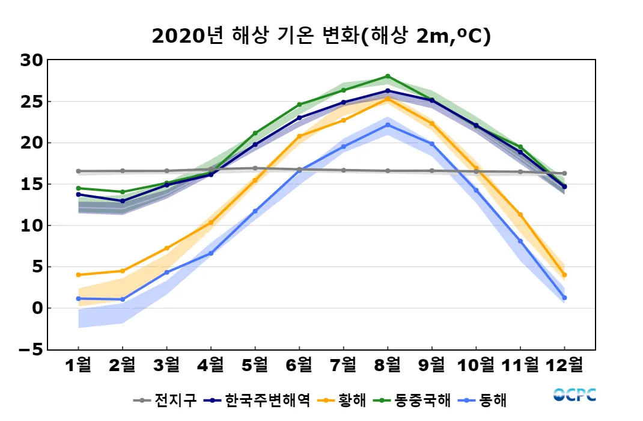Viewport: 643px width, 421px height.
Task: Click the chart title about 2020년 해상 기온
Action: click(321, 36)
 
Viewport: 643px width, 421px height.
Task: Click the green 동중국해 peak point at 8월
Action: click(388, 76)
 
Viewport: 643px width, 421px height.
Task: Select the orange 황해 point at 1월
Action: click(78, 275)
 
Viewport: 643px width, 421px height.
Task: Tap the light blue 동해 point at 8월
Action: click(388, 125)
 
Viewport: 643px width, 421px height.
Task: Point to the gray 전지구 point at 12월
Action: click(564, 173)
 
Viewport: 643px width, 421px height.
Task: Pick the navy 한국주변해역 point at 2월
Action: click(123, 201)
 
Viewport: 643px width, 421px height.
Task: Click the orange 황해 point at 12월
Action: click(564, 275)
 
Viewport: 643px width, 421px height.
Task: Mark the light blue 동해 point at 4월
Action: click(211, 253)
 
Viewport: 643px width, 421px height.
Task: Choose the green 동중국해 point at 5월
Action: click(255, 133)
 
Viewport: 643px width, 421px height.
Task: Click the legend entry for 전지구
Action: click(165, 400)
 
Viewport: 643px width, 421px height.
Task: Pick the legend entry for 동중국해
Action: click(412, 400)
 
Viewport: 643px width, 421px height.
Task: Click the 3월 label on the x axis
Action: click(166, 364)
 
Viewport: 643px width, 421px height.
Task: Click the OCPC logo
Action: click(574, 395)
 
